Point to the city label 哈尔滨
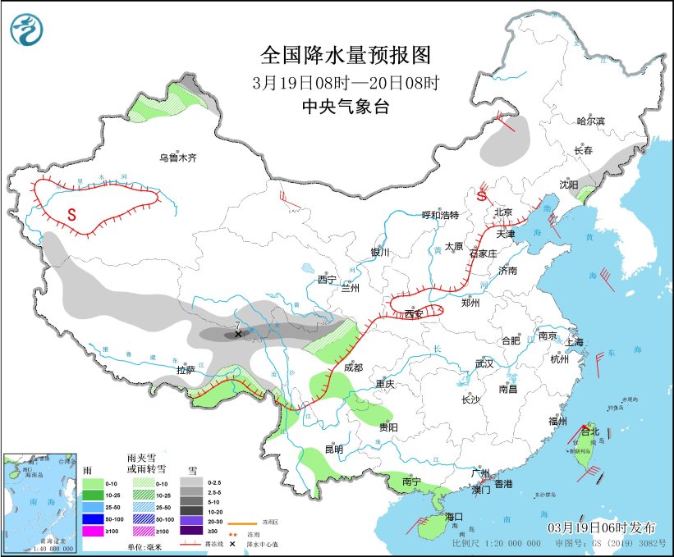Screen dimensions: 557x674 click(x=589, y=121)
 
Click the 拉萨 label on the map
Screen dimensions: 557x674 click(x=187, y=371)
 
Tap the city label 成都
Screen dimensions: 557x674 click(x=353, y=368)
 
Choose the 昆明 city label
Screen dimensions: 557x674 click(x=333, y=450)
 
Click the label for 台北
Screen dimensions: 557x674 click(x=590, y=431)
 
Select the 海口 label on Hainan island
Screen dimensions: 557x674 click(x=455, y=517)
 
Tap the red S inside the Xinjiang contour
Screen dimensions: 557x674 click(x=71, y=215)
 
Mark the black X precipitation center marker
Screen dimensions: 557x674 click(x=238, y=335)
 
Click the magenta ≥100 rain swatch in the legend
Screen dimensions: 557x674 click(x=92, y=532)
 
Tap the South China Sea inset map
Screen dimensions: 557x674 click(x=40, y=501)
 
